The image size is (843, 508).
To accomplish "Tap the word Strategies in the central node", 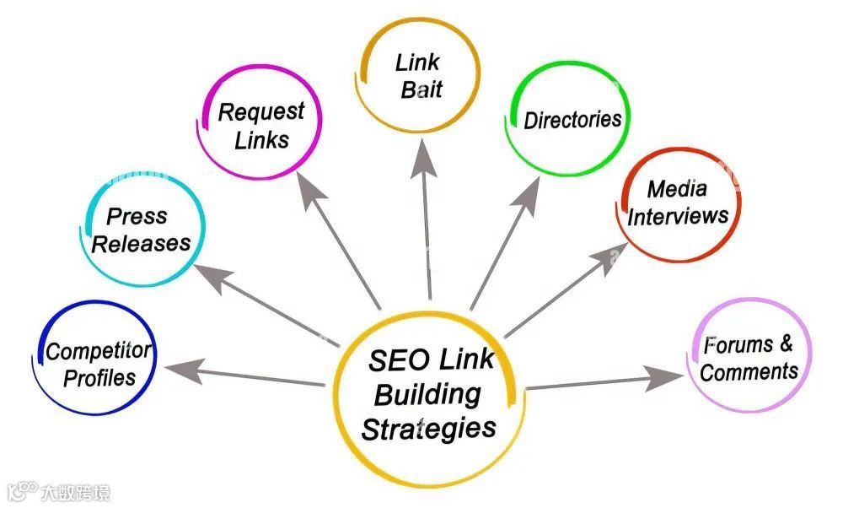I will tap(428, 428).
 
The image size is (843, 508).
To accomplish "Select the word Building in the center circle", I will tap(427, 394).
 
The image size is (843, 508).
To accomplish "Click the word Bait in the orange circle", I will tap(421, 90).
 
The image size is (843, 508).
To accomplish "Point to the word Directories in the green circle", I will tap(572, 119).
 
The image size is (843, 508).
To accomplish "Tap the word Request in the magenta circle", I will tap(261, 112).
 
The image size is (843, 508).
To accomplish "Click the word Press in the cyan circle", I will tap(137, 217).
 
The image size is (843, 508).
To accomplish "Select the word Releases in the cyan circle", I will tap(141, 245).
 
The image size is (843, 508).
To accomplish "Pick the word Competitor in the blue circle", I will tap(98, 351).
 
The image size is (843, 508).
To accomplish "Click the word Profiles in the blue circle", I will tap(99, 378).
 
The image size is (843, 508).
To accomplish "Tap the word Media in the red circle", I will tap(677, 189).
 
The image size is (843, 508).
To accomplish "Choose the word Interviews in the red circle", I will tap(678, 216).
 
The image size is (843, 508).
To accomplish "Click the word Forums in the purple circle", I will tap(738, 345).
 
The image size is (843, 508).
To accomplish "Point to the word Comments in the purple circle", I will tap(749, 372).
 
